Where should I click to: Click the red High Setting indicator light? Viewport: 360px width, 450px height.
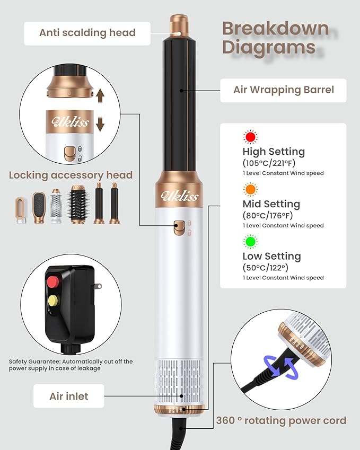point(250,137)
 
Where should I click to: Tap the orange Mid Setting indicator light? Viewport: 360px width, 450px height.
point(250,189)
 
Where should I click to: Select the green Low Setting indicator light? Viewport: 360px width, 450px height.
point(250,242)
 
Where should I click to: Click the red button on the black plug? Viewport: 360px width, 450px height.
point(53,282)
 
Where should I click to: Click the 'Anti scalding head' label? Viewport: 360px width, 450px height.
point(87,33)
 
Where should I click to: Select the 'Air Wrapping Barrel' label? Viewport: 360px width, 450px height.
point(284,90)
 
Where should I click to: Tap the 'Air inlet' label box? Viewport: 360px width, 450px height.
point(68,396)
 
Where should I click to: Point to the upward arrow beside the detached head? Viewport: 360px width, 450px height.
point(100,96)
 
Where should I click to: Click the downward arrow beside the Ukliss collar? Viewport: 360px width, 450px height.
point(100,124)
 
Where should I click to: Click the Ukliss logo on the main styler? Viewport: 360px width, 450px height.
point(179,196)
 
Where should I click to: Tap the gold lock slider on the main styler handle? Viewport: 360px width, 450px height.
point(179,228)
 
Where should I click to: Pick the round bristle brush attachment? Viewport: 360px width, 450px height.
point(78,205)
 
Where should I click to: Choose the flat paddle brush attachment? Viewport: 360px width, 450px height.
point(39,207)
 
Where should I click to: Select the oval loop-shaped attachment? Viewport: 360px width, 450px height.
point(21,210)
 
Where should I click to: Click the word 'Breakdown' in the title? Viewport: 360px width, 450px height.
point(276,29)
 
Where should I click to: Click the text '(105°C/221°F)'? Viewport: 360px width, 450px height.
point(269,163)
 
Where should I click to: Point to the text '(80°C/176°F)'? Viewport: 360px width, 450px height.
point(268,215)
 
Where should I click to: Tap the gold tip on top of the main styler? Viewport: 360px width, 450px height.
point(179,25)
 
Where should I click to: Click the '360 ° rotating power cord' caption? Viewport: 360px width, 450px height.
point(281,420)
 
